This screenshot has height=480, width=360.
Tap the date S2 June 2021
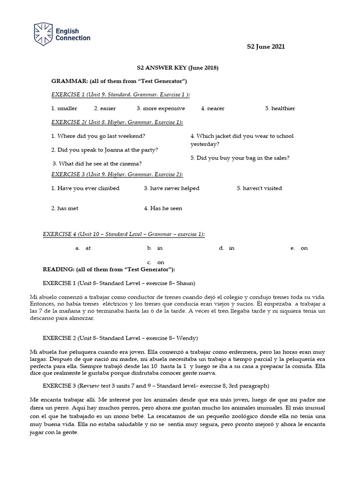coord(266,46)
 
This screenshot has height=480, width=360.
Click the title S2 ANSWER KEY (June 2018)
coord(174,68)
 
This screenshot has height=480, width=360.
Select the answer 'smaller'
coord(67,108)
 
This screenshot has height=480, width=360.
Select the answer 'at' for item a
coord(88,248)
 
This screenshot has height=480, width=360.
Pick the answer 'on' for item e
coord(304,248)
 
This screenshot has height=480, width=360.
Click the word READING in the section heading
coord(59,270)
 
